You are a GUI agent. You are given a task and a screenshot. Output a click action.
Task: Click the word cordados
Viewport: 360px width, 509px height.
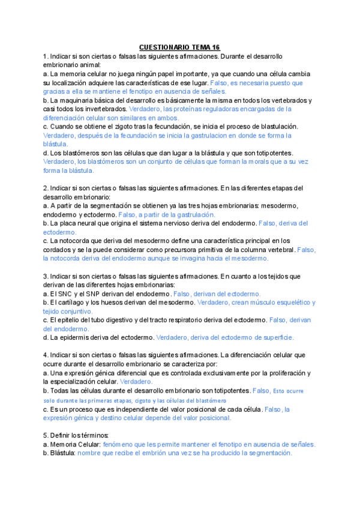pos(58,250)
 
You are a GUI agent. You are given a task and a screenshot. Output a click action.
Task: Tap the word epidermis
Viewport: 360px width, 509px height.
pos(75,337)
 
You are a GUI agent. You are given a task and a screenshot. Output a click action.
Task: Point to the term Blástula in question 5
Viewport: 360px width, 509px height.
pos(63,453)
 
